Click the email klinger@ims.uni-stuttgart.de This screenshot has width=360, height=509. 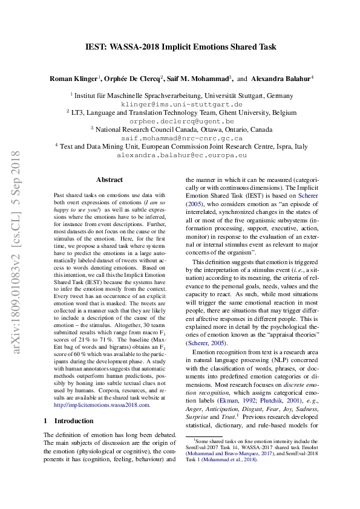(x=182, y=104)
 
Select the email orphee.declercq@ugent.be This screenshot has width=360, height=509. (x=182, y=121)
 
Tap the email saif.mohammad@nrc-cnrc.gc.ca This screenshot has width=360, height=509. (x=182, y=138)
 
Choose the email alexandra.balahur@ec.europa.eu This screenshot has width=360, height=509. (x=182, y=155)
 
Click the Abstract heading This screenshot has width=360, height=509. (x=110, y=180)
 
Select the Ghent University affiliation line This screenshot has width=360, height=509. (x=182, y=112)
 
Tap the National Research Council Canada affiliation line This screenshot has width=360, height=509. (x=182, y=129)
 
